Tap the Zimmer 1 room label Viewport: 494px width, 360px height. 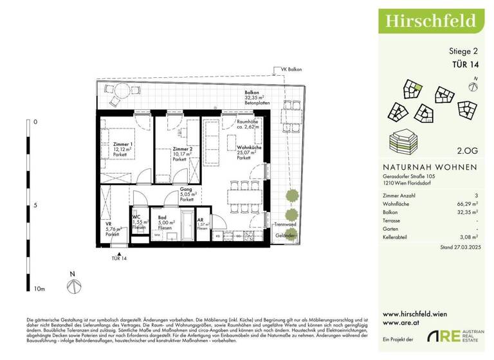(x=122, y=145)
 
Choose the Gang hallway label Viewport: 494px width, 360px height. (x=187, y=191)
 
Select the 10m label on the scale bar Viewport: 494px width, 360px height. (x=39, y=289)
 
